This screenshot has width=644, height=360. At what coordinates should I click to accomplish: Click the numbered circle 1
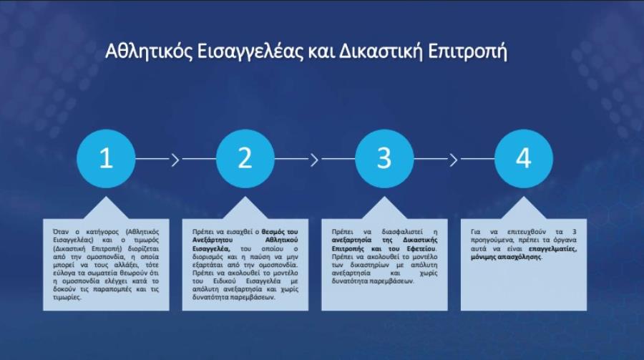click(x=106, y=159)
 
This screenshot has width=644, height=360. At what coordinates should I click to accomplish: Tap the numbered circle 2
click(x=245, y=159)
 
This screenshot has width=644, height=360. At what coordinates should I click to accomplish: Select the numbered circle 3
click(x=384, y=159)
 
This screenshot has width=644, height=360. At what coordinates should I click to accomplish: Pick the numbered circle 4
click(x=524, y=159)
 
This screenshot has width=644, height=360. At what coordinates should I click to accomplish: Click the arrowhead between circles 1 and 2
click(x=176, y=160)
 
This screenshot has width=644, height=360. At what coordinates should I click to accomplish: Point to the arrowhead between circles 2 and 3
click(x=315, y=160)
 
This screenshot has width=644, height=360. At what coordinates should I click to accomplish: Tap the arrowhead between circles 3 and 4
click(x=454, y=160)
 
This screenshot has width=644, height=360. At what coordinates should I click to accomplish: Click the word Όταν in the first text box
click(x=61, y=232)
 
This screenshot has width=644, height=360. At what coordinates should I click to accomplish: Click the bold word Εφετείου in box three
click(x=421, y=248)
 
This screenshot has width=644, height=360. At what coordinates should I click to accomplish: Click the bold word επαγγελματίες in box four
click(x=552, y=249)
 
